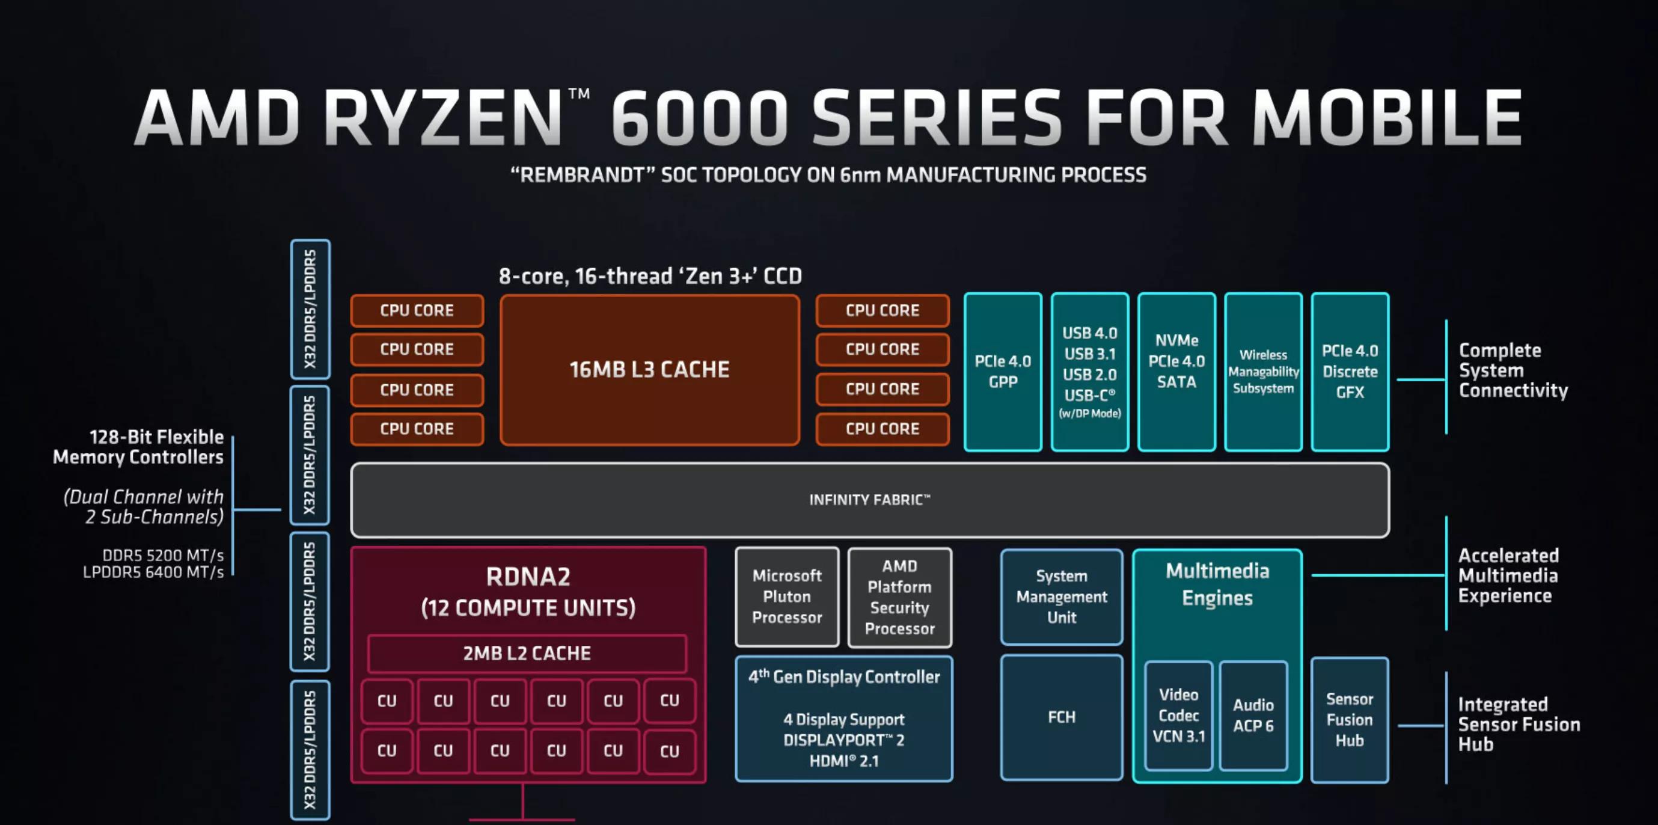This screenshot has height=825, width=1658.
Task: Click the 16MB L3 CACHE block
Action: [649, 370]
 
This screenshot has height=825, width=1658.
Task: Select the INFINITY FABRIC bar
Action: [869, 500]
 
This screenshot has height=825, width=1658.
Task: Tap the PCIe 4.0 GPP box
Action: [1002, 372]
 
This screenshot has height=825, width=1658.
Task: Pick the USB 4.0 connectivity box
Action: [1089, 372]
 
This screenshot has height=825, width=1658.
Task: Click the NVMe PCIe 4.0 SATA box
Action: [1176, 372]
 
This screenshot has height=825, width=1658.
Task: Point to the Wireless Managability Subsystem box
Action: [1263, 372]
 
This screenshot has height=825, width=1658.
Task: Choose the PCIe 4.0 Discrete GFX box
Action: [1350, 372]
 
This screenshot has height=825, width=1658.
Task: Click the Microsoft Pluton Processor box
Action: [786, 597]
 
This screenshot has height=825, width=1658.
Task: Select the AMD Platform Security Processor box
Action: [899, 597]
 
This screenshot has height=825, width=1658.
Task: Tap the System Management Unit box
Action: [1062, 597]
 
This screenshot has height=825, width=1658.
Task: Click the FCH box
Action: [1062, 717]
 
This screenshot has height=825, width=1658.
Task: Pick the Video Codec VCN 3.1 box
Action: [1178, 716]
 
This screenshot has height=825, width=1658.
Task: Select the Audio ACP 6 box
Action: [1252, 716]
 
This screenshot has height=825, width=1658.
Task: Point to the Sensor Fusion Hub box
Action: [1349, 719]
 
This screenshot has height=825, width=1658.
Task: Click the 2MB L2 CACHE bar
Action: [527, 653]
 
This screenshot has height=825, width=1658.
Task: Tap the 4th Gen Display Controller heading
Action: [844, 677]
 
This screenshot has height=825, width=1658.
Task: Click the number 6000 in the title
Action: [700, 117]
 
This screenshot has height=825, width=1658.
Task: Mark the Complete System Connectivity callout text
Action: [1513, 370]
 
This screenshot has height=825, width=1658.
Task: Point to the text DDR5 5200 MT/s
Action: [163, 555]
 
